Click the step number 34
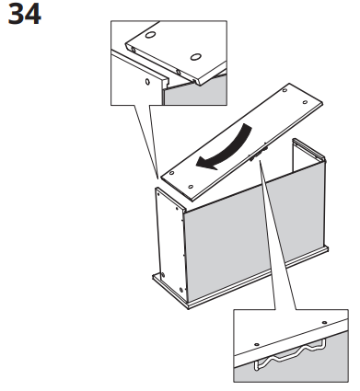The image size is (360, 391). point(25,16)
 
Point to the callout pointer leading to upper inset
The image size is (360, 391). point(147,138)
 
